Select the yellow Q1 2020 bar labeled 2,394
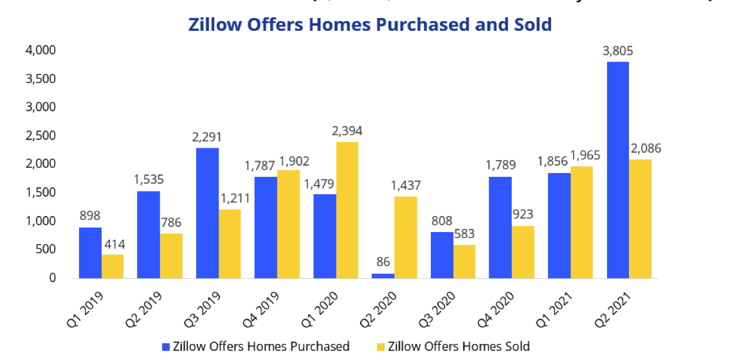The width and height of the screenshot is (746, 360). (347, 210)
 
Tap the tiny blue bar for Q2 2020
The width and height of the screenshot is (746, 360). (383, 276)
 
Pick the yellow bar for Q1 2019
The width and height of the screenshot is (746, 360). (113, 266)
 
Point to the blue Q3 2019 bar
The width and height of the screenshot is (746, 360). (207, 213)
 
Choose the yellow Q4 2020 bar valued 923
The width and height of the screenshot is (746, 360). (523, 252)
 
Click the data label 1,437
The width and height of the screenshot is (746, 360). (406, 185)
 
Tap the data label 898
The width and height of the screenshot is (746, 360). (90, 215)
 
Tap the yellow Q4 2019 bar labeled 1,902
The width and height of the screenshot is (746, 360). (288, 224)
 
